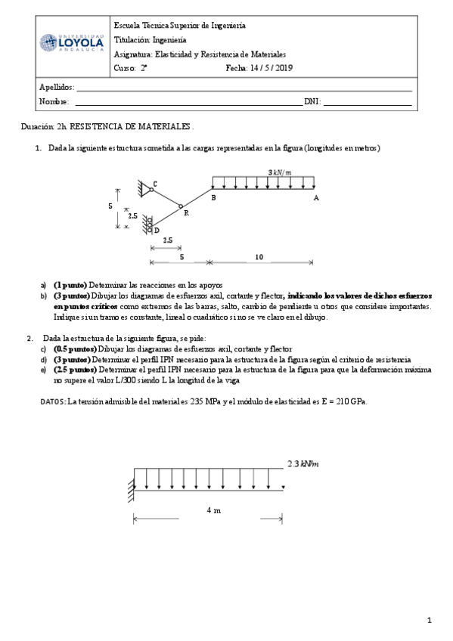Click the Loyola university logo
click(x=72, y=43)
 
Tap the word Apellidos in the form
click(x=56, y=88)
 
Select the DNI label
click(x=312, y=101)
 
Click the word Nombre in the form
click(x=54, y=101)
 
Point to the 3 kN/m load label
click(x=279, y=172)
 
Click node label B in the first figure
click(x=213, y=197)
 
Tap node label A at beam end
click(x=315, y=197)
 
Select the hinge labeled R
click(x=181, y=206)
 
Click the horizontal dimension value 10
click(x=259, y=258)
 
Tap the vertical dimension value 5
click(x=110, y=206)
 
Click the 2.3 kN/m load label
click(x=303, y=463)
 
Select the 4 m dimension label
click(x=213, y=510)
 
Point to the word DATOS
click(x=52, y=401)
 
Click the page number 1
click(x=429, y=621)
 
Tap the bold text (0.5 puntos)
click(x=75, y=349)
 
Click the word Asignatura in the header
click(x=132, y=55)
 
